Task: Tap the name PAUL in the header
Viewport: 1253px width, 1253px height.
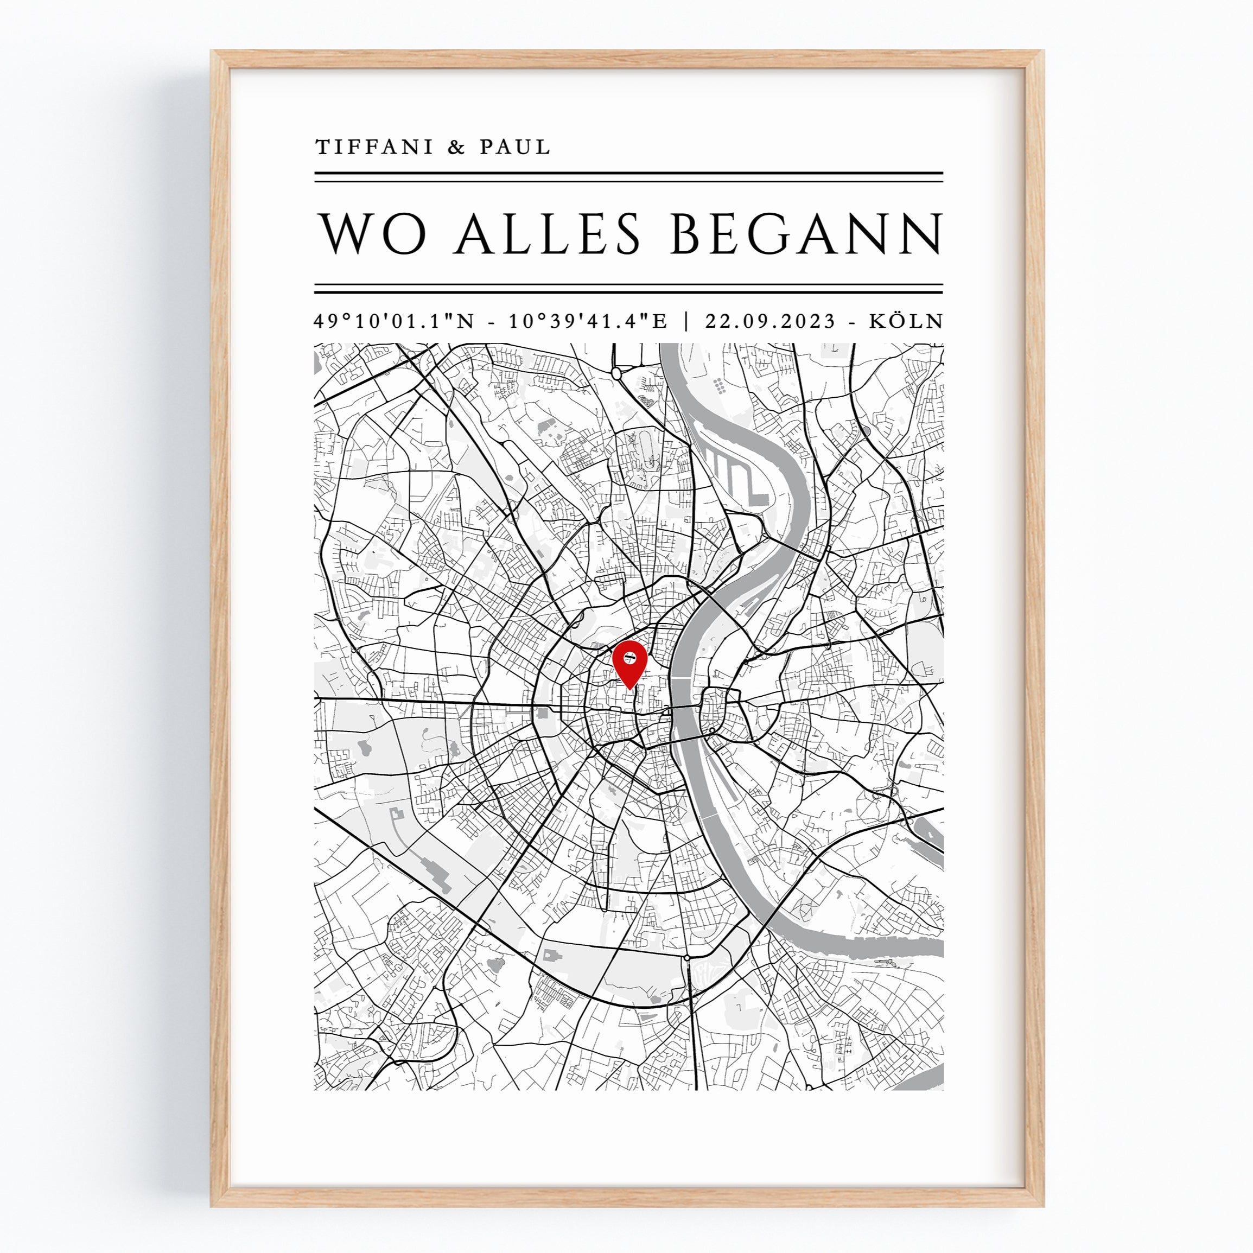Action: (515, 147)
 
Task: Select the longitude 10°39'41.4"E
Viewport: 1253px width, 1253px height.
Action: (588, 322)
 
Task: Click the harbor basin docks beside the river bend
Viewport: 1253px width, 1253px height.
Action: (735, 472)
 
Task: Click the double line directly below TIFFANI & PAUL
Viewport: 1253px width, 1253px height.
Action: (628, 177)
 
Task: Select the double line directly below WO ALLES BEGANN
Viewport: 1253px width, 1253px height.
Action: (628, 289)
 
